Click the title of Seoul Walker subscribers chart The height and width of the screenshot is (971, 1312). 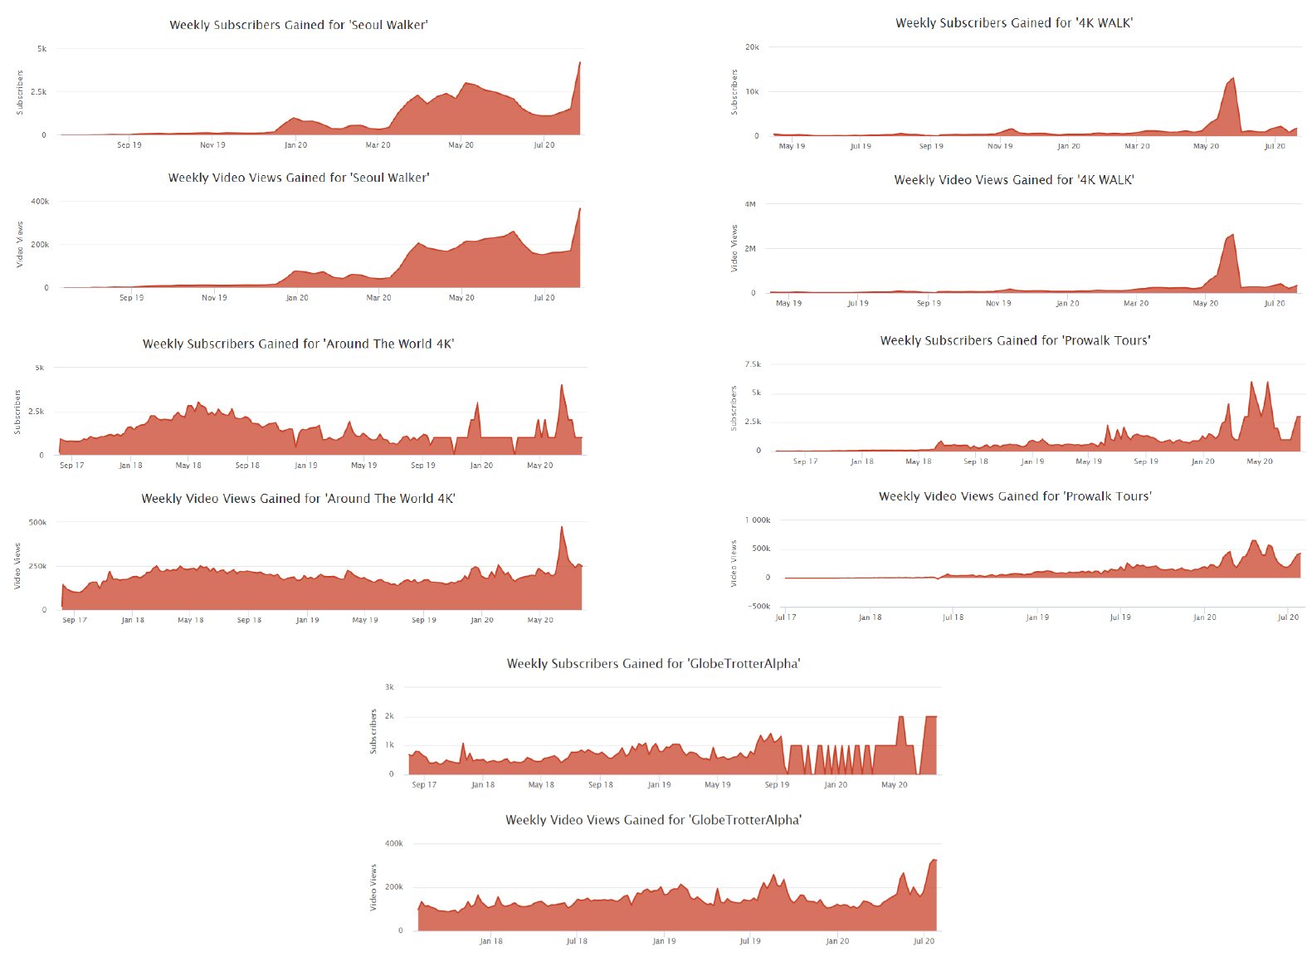299,25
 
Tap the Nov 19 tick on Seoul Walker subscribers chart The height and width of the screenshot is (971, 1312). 212,145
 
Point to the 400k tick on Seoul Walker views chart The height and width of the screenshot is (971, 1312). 40,202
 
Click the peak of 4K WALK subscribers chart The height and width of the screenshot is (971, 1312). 1233,79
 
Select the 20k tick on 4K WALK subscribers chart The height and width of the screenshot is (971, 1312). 752,47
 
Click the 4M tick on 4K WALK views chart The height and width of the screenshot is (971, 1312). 750,204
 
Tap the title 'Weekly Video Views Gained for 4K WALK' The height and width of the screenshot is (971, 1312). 1013,180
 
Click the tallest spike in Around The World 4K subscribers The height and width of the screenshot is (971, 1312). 562,385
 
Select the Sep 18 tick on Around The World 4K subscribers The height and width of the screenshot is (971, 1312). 247,466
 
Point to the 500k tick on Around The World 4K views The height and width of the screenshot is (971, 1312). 37,523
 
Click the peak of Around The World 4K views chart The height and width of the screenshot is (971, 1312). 562,527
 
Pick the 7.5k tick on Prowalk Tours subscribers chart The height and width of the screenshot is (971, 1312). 753,364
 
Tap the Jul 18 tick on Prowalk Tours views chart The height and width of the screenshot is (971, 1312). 953,617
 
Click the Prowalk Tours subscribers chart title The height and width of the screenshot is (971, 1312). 1015,340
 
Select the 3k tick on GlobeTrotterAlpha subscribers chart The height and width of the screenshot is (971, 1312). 389,687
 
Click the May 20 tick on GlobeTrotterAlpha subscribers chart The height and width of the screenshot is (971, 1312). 894,785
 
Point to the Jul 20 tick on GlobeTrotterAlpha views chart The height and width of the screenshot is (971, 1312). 924,941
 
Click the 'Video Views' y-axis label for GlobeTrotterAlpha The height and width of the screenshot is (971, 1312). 373,887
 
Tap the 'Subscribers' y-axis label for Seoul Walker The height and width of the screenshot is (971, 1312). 20,92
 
